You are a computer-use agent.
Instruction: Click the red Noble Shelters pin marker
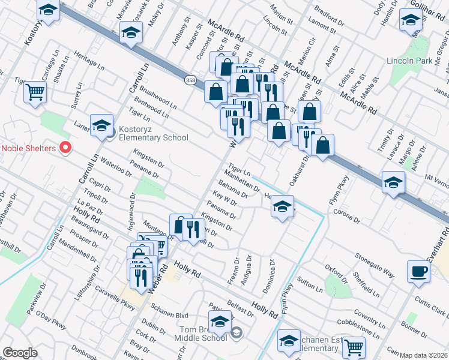[x=66, y=147]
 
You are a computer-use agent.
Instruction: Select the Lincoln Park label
[x=410, y=61]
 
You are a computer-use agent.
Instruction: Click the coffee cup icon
[x=418, y=271]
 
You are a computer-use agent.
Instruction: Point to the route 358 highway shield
[x=190, y=80]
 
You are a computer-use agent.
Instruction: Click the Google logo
[x=20, y=353]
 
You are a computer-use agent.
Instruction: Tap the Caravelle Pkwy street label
[x=116, y=297]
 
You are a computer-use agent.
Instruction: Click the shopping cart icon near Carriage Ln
[x=35, y=92]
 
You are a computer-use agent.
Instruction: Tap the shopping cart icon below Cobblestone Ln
[x=354, y=347]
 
